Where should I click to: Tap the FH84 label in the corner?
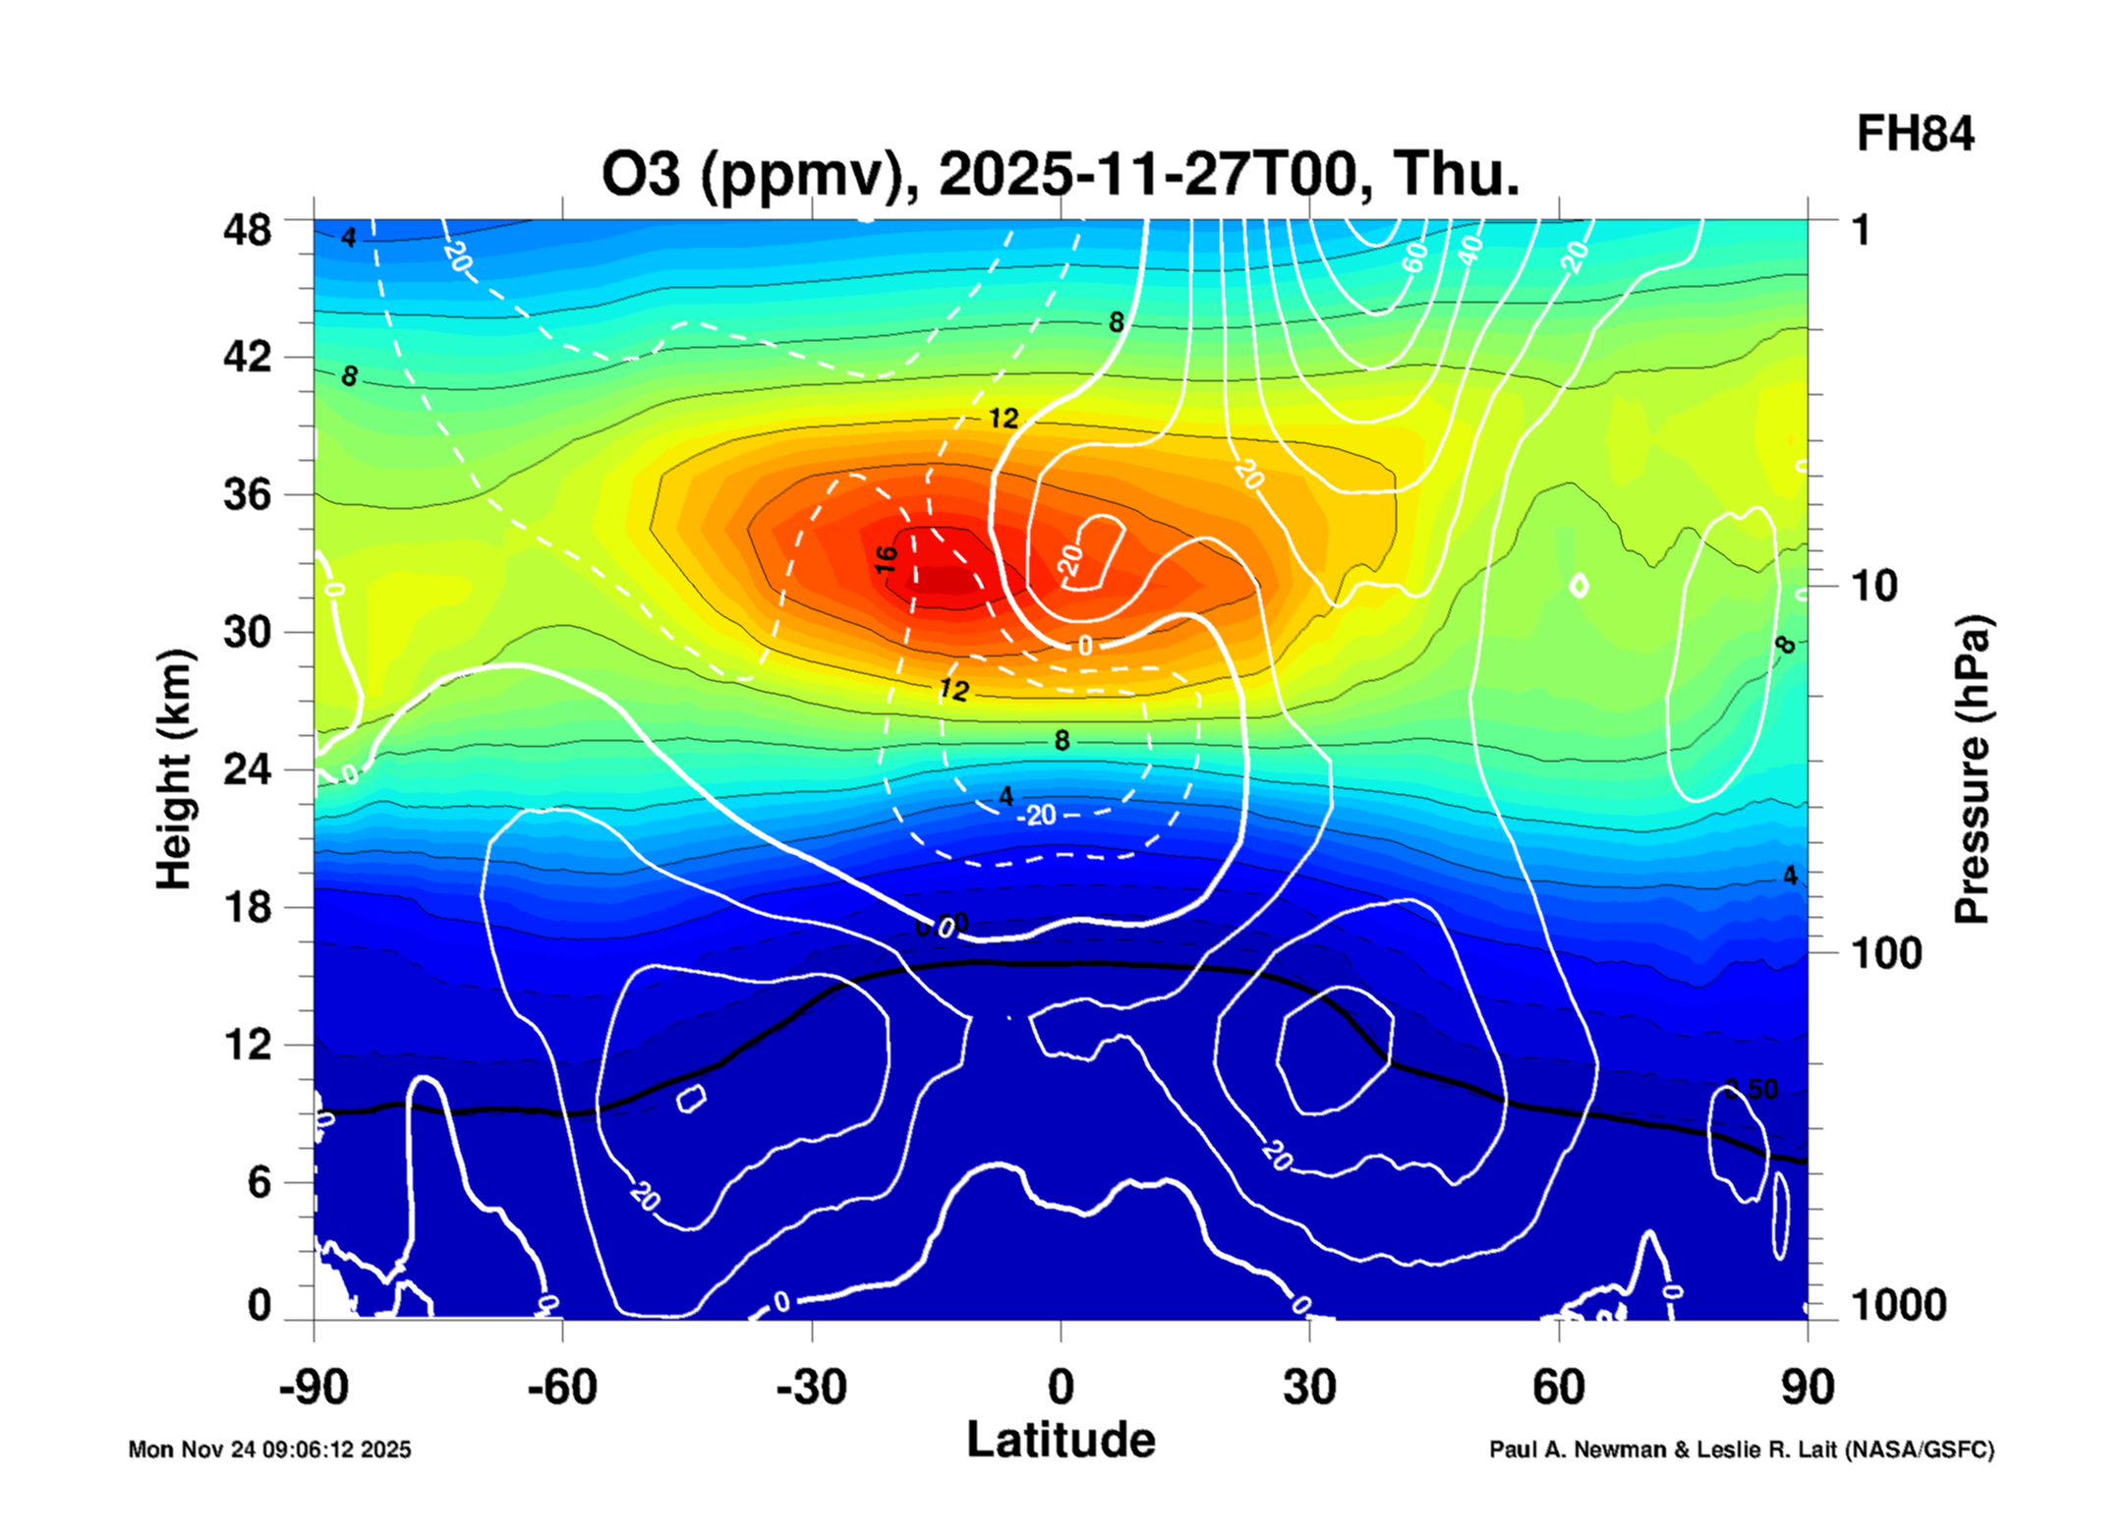click(x=1914, y=134)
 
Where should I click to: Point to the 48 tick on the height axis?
click(x=247, y=230)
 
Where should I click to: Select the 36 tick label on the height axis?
click(x=247, y=493)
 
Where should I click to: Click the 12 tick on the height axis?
click(x=247, y=1045)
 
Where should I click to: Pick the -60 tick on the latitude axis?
click(x=561, y=1388)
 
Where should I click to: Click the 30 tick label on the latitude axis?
click(x=1309, y=1388)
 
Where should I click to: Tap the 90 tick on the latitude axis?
click(x=1807, y=1388)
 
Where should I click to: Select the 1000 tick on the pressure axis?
click(x=1898, y=1305)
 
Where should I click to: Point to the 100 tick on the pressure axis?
click(x=1886, y=953)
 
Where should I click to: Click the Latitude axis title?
click(x=1061, y=1441)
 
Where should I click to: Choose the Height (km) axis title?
click(x=174, y=769)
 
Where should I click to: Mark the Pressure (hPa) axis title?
click(x=1972, y=769)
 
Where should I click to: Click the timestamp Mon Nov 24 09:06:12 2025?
click(x=269, y=1449)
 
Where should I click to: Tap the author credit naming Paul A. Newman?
click(x=1741, y=1449)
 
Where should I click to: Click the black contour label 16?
click(x=887, y=559)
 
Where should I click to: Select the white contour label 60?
click(x=1413, y=257)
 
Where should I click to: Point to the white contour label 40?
click(x=1469, y=251)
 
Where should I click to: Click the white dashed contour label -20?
click(x=1037, y=815)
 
